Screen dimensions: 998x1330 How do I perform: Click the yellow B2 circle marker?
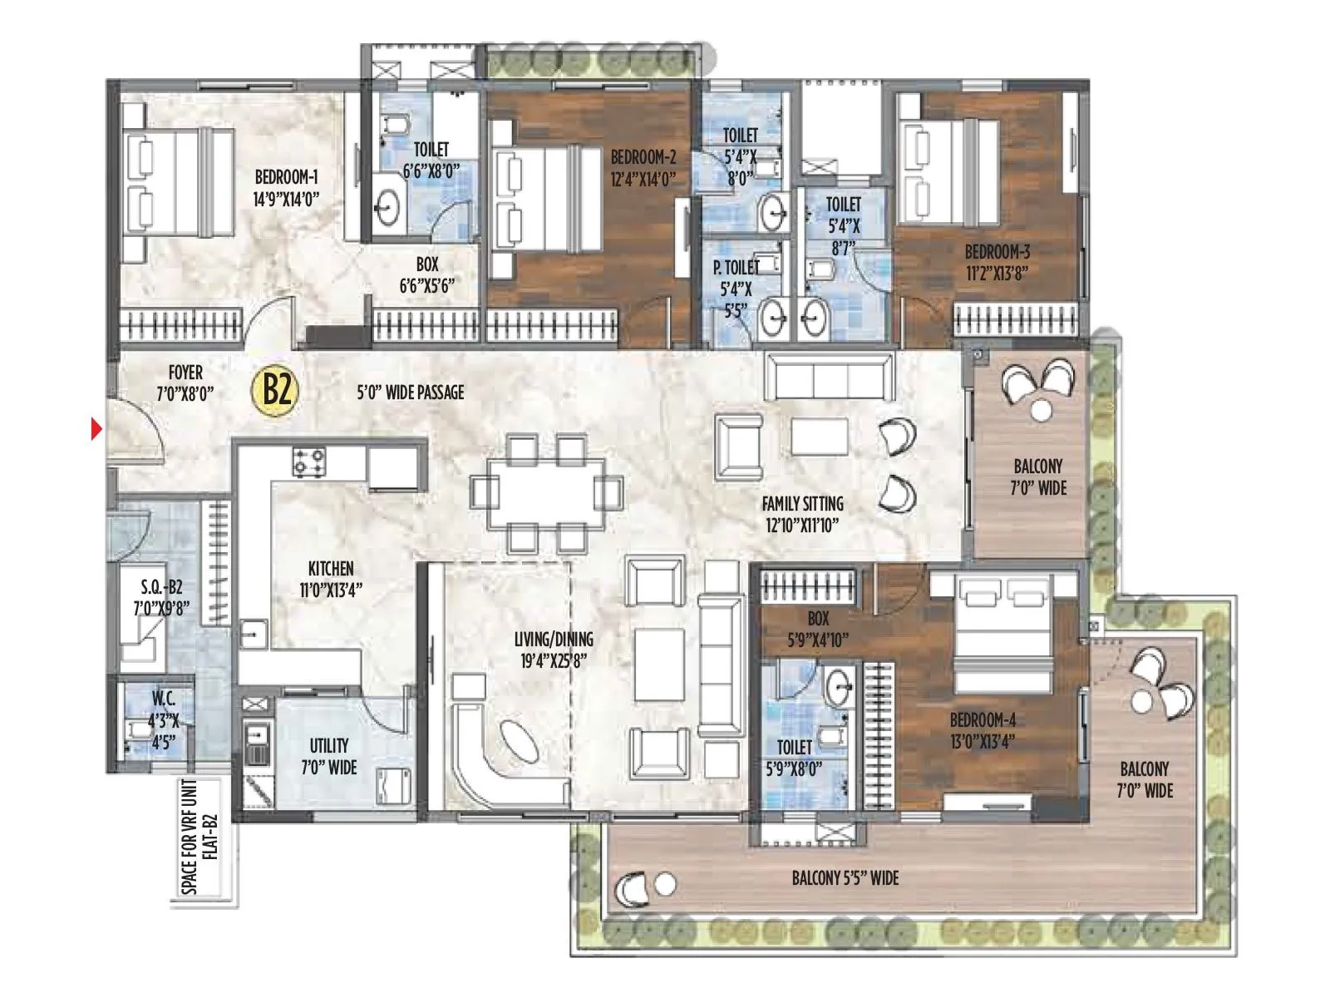276,388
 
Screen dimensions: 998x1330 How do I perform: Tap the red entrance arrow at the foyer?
96,430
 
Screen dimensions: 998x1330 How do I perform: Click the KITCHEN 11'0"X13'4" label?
331,579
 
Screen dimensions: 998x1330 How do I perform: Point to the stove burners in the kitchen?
308,462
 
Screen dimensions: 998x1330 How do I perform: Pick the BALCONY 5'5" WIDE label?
845,877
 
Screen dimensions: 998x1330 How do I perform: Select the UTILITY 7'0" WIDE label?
329,756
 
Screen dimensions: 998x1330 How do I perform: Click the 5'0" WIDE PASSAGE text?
410,392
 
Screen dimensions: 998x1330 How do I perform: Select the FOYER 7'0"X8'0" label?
185,383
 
